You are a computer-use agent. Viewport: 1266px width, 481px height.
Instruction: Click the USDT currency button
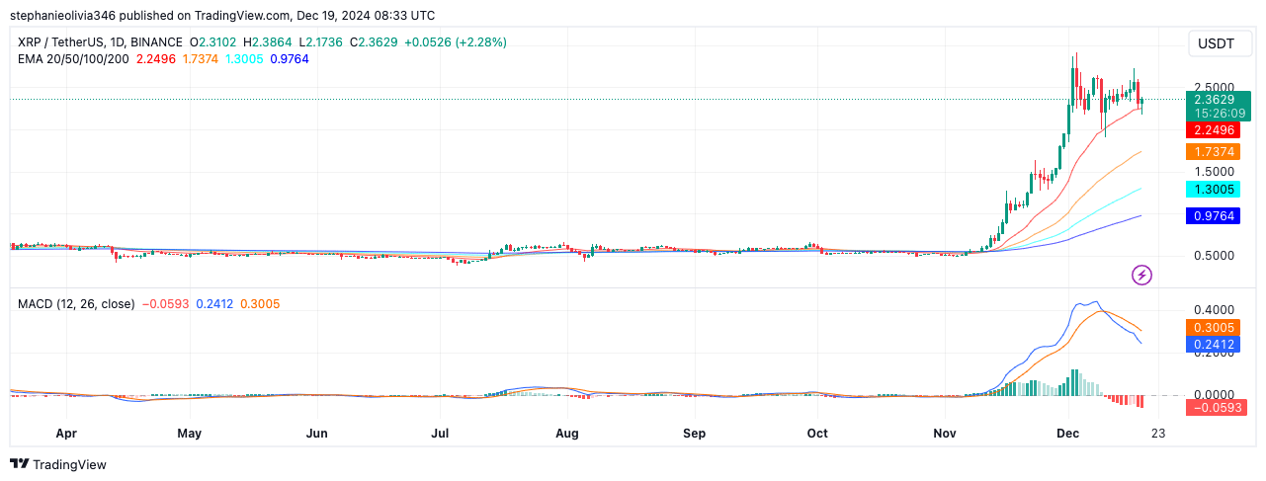[1220, 43]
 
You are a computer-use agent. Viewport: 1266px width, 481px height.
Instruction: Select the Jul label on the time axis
[441, 433]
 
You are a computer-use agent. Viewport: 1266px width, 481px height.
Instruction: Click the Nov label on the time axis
[945, 433]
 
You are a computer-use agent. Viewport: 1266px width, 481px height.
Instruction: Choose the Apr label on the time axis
[66, 433]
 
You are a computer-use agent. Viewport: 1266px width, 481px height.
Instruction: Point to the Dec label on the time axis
[1067, 433]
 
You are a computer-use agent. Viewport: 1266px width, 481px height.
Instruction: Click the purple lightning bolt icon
[1141, 275]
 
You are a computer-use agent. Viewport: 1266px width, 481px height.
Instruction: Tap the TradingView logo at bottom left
[58, 464]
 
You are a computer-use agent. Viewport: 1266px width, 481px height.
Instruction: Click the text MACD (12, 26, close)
[76, 304]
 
